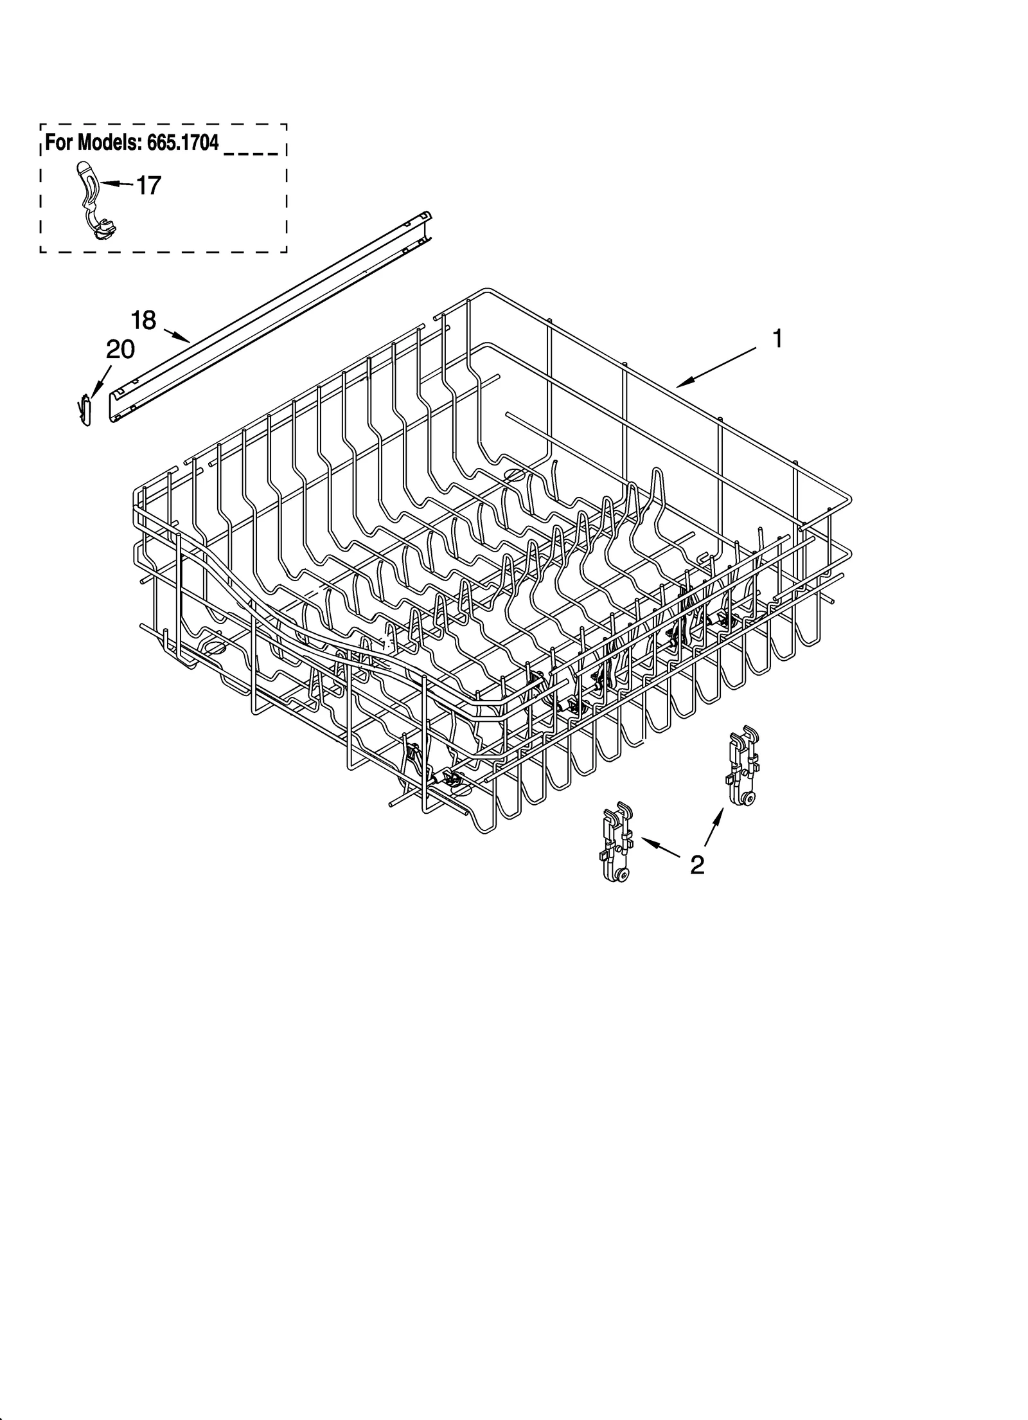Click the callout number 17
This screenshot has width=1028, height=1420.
pyautogui.click(x=148, y=186)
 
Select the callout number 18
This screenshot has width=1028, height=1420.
pyautogui.click(x=143, y=319)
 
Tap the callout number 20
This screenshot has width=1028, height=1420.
pyautogui.click(x=120, y=350)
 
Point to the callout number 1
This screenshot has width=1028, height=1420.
pyautogui.click(x=777, y=338)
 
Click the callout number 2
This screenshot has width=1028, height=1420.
pyautogui.click(x=697, y=865)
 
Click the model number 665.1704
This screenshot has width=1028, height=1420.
pyautogui.click(x=183, y=143)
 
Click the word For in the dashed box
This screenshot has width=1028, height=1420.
pyautogui.click(x=58, y=143)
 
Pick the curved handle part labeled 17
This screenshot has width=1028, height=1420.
pyautogui.click(x=93, y=199)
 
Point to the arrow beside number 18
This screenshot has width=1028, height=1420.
pyautogui.click(x=177, y=336)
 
